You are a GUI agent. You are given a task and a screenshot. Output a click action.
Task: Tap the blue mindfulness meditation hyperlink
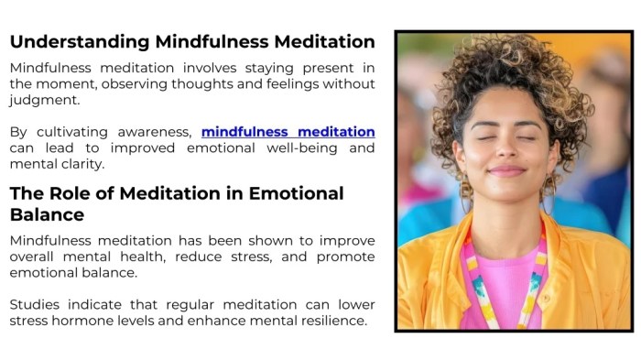coord(288,132)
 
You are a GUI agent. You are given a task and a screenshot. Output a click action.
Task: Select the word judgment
coord(42,100)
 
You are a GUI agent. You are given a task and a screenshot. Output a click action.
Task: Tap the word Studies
coord(38,304)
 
